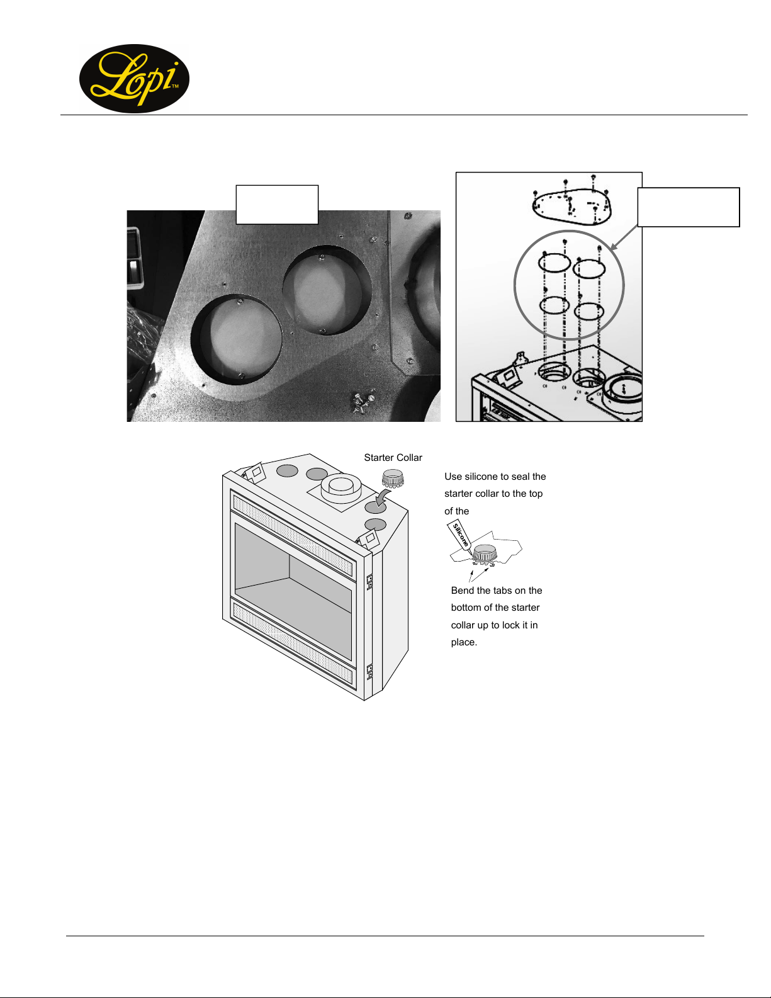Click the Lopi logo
click(x=134, y=79)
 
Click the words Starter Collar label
click(x=393, y=457)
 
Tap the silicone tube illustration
click(x=459, y=535)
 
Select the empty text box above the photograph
click(x=277, y=205)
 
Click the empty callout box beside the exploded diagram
click(x=689, y=207)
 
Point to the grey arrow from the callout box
click(x=624, y=238)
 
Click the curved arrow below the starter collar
click(x=385, y=497)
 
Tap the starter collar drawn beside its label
click(x=393, y=478)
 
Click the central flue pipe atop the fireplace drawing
click(x=340, y=489)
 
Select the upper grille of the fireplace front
click(x=293, y=535)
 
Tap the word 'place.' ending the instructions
click(x=464, y=642)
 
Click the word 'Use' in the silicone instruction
click(x=453, y=477)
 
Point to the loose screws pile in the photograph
click(x=363, y=402)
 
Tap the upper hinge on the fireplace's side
click(x=369, y=582)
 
